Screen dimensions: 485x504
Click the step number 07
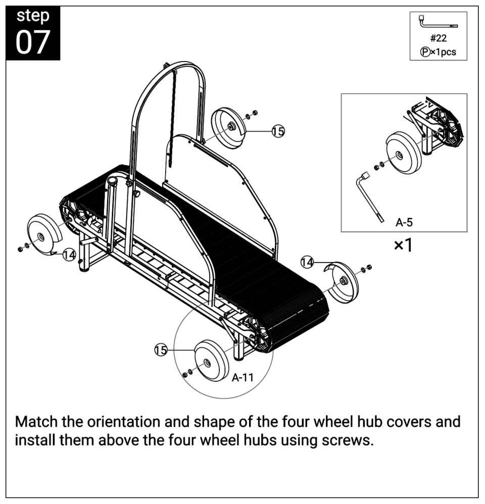tap(33, 42)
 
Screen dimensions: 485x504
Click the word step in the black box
tap(33, 16)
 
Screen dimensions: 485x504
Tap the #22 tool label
tap(439, 38)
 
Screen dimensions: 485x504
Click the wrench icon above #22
tap(438, 22)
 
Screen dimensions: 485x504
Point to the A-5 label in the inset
tap(404, 222)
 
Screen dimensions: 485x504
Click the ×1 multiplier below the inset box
tap(403, 245)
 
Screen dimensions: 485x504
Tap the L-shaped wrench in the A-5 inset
tap(369, 197)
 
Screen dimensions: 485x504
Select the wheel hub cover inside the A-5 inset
tap(403, 153)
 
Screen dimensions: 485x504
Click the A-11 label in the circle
tap(243, 377)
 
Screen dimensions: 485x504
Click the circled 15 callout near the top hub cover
tap(278, 131)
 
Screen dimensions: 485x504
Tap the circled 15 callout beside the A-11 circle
tap(161, 349)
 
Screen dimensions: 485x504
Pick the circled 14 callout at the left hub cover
tap(69, 255)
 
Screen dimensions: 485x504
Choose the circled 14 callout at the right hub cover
tap(307, 262)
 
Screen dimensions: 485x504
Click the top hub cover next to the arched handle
tap(228, 128)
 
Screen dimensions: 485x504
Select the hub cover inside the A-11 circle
tap(211, 360)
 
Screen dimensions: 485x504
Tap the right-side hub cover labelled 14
tap(342, 283)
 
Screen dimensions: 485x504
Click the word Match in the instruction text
tap(36, 421)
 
